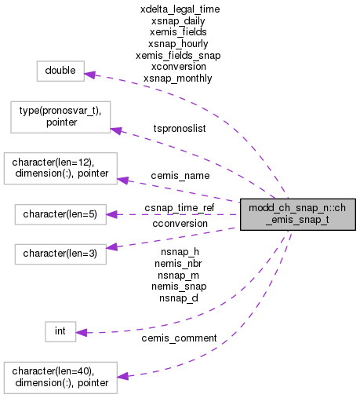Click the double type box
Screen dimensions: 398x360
[x=60, y=71]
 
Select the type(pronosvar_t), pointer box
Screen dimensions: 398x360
[x=60, y=116]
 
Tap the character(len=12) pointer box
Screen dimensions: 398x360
[x=60, y=170]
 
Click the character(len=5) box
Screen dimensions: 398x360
[x=60, y=214]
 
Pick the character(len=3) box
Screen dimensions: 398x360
[x=60, y=254]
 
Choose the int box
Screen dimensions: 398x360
[x=60, y=333]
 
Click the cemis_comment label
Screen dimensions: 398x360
[x=179, y=338]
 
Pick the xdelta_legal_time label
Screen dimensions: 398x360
[x=179, y=9]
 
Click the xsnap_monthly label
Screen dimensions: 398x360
[x=179, y=79]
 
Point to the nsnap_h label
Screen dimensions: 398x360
[x=179, y=251]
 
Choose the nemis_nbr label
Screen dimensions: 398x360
[x=179, y=263]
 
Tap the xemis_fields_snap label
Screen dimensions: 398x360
[x=179, y=56]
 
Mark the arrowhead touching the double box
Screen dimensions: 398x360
[x=89, y=75]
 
